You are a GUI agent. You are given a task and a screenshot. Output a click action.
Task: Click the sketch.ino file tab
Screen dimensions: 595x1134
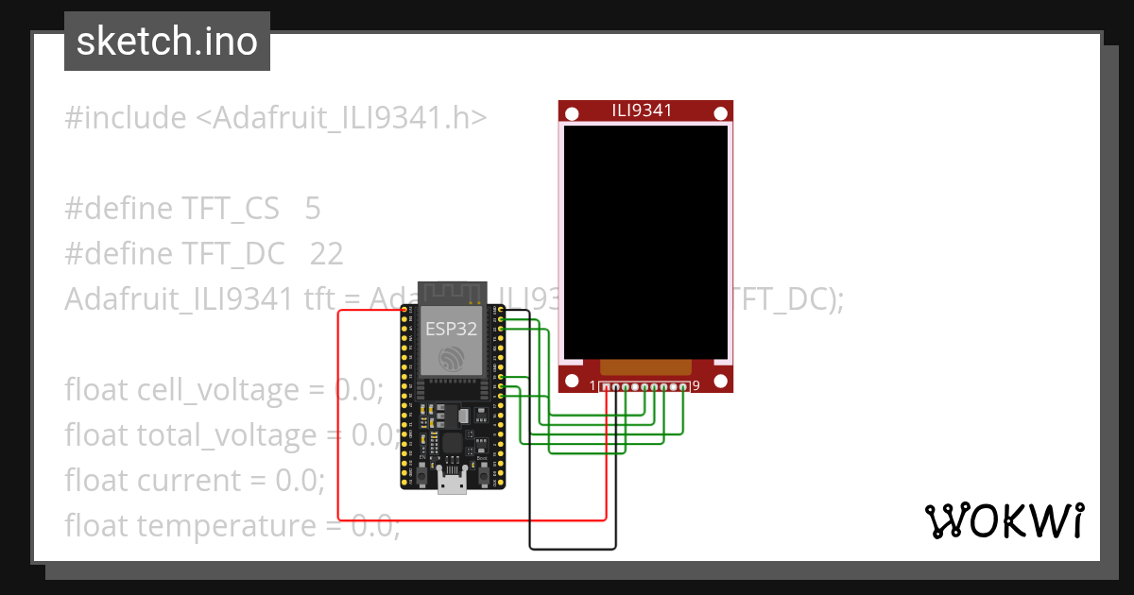click(167, 42)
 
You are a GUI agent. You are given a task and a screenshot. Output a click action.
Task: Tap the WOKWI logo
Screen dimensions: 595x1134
click(1004, 520)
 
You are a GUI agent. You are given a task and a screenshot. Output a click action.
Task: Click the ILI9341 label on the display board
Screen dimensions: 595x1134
click(643, 110)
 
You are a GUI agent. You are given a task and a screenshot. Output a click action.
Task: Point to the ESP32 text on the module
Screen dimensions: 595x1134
click(451, 329)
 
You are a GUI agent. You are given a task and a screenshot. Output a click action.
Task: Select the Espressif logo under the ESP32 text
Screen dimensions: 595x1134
click(451, 358)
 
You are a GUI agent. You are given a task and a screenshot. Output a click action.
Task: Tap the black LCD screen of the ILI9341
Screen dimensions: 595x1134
click(646, 241)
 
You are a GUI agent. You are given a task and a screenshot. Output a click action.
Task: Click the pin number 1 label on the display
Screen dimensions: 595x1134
click(593, 385)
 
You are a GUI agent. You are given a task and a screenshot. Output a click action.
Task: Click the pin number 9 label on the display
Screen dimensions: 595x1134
click(696, 385)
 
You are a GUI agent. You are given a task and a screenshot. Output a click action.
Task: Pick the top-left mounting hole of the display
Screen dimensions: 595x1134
click(571, 113)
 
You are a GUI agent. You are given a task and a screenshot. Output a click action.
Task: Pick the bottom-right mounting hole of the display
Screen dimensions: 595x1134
click(721, 382)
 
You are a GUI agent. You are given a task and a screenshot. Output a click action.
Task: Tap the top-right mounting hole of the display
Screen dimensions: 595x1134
click(721, 113)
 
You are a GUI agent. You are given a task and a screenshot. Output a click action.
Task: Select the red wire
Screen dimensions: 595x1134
click(338, 416)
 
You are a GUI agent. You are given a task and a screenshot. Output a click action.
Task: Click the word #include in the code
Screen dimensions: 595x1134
click(125, 118)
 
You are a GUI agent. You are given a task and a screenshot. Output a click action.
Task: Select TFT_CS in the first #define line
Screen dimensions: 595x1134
click(230, 209)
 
